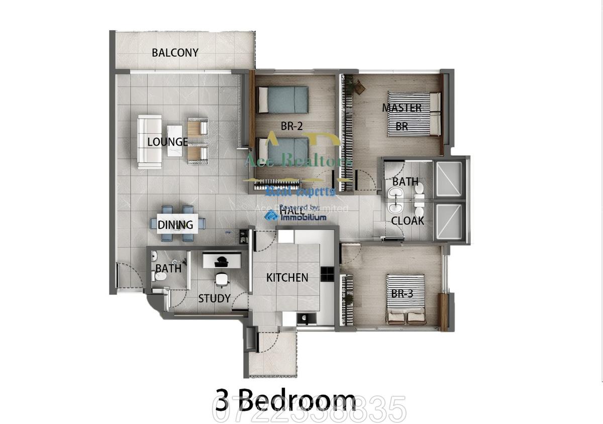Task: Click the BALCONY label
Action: click(x=175, y=53)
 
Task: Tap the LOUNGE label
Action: click(x=167, y=142)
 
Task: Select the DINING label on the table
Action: click(x=175, y=225)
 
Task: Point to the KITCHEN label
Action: click(x=287, y=277)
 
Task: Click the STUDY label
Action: click(x=214, y=298)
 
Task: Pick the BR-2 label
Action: click(x=290, y=127)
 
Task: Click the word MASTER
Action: click(x=401, y=108)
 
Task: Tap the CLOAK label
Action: click(x=408, y=221)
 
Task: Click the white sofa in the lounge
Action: click(x=149, y=142)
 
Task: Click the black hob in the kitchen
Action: click(x=327, y=273)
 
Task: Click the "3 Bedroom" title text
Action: click(x=285, y=400)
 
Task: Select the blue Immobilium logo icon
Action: click(x=271, y=216)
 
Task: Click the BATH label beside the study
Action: click(x=168, y=269)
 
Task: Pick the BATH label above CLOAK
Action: click(x=405, y=181)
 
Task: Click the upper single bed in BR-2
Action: click(x=282, y=99)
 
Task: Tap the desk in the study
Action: click(x=222, y=260)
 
